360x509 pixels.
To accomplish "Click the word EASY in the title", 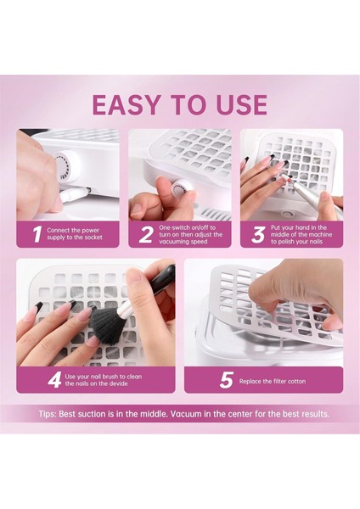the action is [126, 105].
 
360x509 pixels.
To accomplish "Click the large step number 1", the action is [37, 234].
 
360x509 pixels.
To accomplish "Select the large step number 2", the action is [145, 234].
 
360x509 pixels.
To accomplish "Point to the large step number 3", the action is [258, 234].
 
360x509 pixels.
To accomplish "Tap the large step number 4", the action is [54, 380].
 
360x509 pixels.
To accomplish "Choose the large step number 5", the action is [227, 380].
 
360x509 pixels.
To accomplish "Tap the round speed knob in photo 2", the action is [180, 187].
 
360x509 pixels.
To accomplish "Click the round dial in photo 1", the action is [66, 166].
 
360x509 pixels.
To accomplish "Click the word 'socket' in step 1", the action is [93, 238].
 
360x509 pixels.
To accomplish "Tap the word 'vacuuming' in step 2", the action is [173, 242].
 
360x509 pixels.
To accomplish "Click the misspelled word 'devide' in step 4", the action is [118, 383].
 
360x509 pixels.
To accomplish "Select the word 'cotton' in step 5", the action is [296, 382].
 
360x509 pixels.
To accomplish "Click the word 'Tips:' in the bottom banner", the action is [48, 414].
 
